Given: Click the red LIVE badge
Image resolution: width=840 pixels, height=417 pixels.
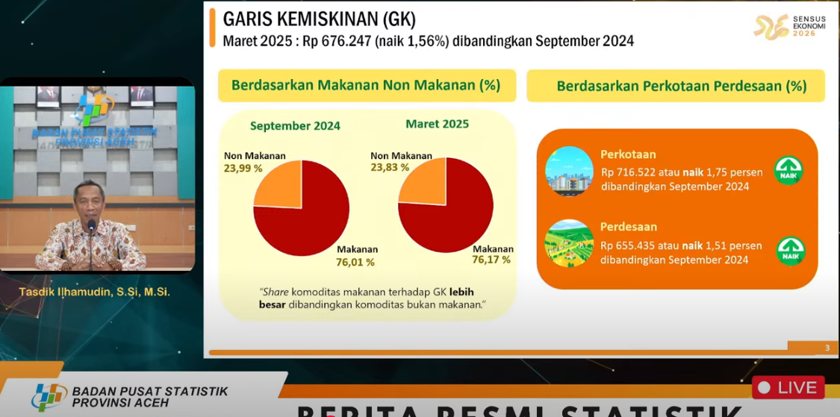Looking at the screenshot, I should [x=788, y=387].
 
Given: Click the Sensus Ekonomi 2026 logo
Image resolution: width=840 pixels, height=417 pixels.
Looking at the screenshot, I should [x=790, y=27].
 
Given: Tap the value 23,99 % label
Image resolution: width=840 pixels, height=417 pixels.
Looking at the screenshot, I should [x=243, y=169].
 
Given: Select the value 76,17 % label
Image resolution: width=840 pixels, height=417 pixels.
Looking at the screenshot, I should [x=491, y=260].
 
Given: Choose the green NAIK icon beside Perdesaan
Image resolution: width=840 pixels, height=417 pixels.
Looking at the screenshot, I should [x=790, y=251].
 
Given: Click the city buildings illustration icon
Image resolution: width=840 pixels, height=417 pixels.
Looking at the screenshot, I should [x=569, y=171].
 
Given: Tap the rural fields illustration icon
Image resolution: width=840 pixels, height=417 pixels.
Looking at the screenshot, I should [x=569, y=243].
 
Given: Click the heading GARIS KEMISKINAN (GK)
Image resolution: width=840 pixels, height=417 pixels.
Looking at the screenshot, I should [x=319, y=19].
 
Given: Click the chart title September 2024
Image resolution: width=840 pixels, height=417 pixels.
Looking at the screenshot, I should [x=295, y=126].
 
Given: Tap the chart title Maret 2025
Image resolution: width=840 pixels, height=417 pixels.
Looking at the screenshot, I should [x=437, y=124].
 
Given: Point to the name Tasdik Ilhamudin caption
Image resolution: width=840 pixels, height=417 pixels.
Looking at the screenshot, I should [x=95, y=292].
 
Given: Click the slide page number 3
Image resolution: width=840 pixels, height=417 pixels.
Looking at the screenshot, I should [x=827, y=348].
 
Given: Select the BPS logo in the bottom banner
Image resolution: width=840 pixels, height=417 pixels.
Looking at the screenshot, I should [x=49, y=397].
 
